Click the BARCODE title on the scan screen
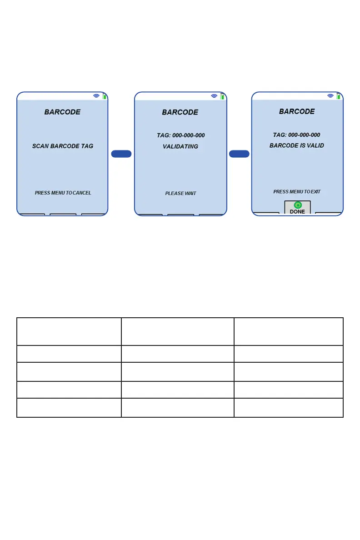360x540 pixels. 62,112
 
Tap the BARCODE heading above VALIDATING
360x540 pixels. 180,112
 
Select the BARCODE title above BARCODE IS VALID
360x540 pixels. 297,111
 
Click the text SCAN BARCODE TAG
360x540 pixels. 63,146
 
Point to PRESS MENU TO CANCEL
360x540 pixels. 63,193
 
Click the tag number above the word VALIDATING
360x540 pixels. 180,135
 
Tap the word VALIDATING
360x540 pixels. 180,146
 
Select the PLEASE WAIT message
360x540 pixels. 180,193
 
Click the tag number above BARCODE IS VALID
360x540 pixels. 297,135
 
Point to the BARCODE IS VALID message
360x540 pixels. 297,146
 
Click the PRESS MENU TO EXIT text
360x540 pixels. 297,192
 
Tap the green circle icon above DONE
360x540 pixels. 298,205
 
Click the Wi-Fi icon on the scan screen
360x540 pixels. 96,96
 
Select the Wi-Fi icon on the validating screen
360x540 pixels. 214,96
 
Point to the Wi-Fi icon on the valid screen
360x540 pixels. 330,96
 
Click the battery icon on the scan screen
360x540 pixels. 105,96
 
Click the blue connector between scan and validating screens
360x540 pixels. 121,154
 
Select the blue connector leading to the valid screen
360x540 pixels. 239,154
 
